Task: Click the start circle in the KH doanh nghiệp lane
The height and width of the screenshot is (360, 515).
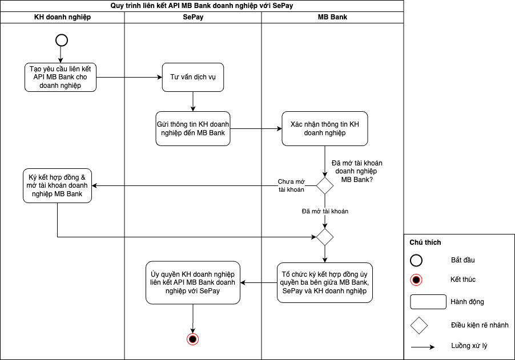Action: coord(61,40)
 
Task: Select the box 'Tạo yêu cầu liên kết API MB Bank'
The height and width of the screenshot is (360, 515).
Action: coord(61,77)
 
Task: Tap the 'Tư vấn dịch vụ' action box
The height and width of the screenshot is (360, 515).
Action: coord(193,77)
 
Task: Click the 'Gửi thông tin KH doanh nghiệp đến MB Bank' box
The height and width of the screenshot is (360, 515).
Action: coord(193,128)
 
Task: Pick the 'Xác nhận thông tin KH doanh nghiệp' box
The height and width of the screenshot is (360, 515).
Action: coord(325,128)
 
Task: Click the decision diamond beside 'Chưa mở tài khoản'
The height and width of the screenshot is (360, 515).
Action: coord(325,185)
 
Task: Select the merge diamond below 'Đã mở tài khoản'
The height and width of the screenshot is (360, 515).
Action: coord(325,236)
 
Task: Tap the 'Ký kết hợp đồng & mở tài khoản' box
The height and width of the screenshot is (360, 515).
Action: coord(58,185)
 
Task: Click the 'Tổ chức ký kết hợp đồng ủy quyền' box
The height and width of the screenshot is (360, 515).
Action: coord(325,282)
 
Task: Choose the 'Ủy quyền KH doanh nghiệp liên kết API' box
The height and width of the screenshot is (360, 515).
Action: coord(193,282)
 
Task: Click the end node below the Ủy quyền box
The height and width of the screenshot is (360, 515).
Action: coord(193,339)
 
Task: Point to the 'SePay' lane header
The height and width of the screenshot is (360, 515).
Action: coord(193,17)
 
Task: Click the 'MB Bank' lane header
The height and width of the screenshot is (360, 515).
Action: coord(332,17)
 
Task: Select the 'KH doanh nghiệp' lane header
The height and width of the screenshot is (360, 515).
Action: coord(62,17)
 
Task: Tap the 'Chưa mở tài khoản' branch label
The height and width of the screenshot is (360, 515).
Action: coord(291,185)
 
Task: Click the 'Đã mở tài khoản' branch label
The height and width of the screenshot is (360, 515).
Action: coord(325,211)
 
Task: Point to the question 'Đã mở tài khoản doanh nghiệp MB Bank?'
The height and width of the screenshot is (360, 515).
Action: coord(355,171)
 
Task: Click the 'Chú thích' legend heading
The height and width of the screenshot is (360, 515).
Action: coord(425,242)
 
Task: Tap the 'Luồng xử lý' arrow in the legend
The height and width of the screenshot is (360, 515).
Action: coord(423,346)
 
